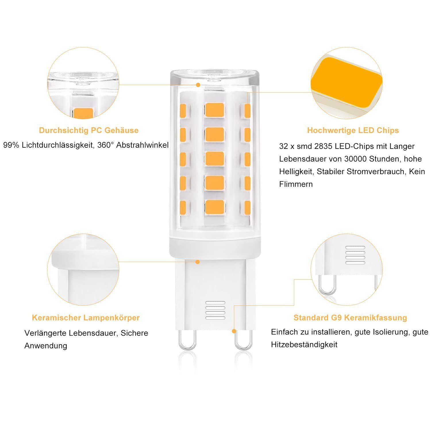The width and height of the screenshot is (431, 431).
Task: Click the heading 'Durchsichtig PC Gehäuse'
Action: (89, 130)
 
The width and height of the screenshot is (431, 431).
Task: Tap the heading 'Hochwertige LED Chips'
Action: (353, 130)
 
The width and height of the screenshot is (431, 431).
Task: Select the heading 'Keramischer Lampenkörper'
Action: (86, 318)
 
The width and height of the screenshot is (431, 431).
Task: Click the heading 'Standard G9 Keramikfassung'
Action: (350, 318)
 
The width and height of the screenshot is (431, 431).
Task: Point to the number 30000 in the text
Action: (355, 159)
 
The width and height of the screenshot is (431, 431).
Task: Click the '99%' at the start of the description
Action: (11, 145)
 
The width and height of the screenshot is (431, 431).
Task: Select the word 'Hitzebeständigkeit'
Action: (304, 345)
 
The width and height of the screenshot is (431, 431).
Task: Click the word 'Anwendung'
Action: (46, 346)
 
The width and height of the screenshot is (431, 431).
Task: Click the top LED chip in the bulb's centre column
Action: (215, 110)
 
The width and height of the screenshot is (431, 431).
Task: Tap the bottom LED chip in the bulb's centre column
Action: (215, 207)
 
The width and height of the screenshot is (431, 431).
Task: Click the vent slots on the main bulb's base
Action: (215, 310)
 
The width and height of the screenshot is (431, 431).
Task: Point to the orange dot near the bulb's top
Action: (198, 85)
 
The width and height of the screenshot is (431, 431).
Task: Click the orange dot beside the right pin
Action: (234, 331)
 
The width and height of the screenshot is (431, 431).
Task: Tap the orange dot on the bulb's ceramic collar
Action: (197, 262)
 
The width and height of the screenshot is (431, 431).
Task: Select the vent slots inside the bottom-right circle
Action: (355, 255)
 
